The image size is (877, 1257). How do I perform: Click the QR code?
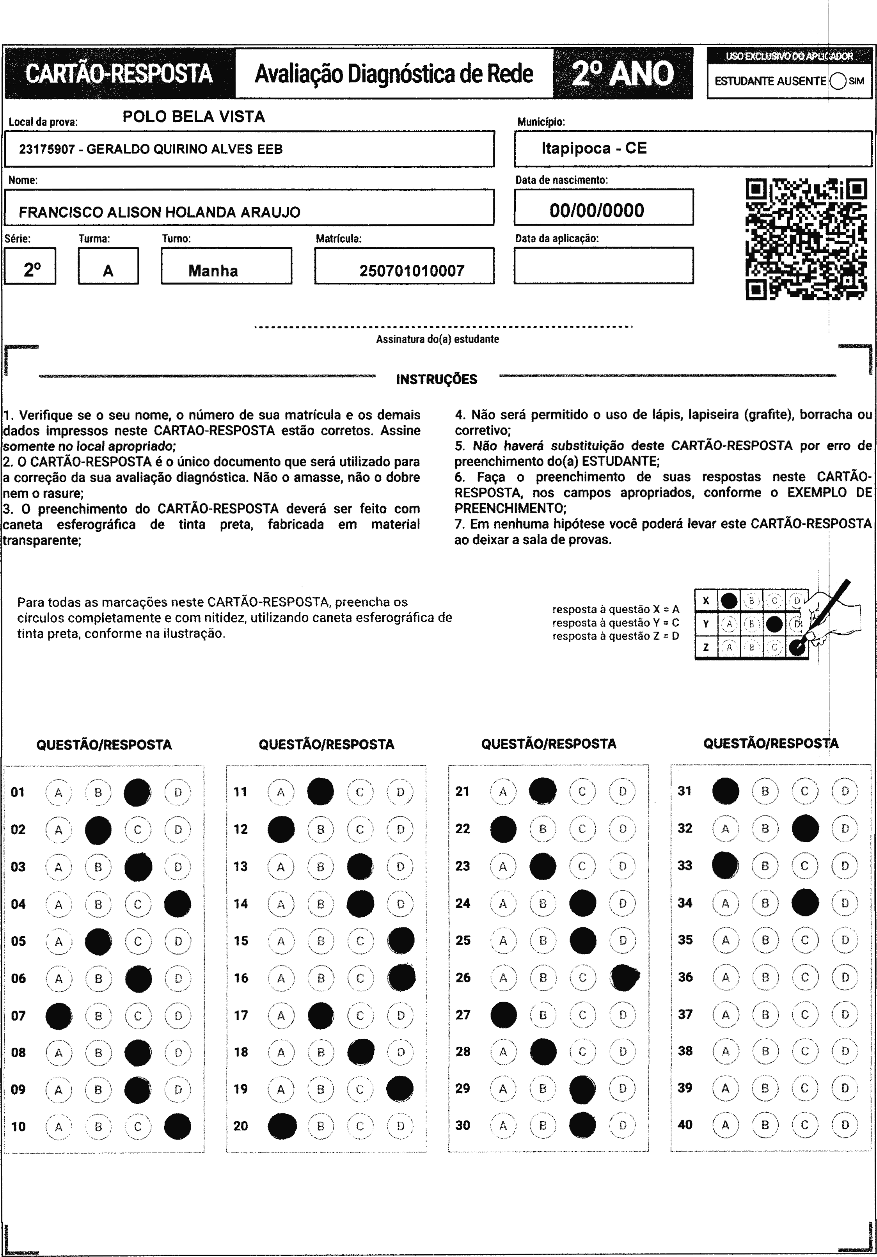806,239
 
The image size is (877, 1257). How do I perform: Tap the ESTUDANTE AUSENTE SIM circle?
838,81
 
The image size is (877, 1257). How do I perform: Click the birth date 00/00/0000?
597,210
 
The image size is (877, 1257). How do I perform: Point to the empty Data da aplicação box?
603,266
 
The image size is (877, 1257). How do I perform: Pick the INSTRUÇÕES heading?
436,379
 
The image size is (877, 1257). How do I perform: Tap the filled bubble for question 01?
137,792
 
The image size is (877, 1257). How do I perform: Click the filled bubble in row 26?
624,978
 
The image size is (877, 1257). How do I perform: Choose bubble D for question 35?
845,940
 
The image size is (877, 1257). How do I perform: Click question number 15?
241,941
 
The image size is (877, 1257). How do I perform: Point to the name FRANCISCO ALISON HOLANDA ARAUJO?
159,212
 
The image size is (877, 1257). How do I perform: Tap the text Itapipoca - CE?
594,148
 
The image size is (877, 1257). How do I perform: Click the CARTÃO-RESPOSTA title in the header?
119,74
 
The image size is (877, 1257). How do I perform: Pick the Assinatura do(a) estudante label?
437,339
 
